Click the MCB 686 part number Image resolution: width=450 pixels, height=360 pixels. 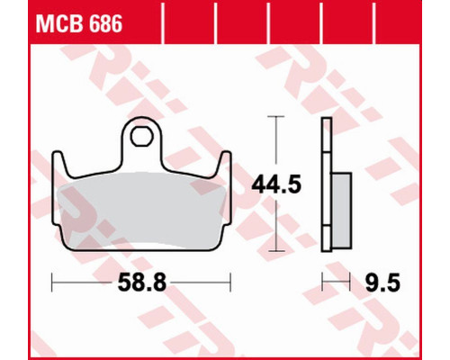coord(79,24)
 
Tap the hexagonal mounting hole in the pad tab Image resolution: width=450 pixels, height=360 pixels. coord(141,136)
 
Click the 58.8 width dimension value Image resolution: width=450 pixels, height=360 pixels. coord(141,283)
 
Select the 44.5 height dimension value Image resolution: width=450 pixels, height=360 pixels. coord(276,184)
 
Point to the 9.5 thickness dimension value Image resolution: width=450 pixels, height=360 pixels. coord(382,283)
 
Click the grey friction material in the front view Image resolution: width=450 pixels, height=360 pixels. coord(141,210)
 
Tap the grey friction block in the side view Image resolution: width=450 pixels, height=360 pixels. coord(341,211)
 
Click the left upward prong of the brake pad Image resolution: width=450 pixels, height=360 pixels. coord(59,164)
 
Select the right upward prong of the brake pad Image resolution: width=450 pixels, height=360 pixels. coord(224,164)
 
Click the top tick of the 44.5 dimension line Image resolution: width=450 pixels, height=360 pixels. coord(276,116)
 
